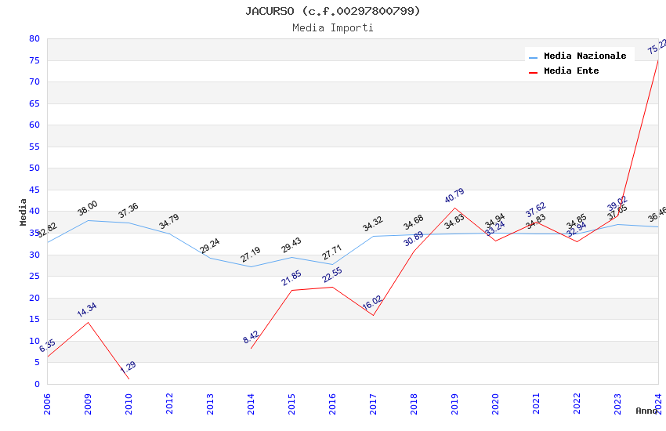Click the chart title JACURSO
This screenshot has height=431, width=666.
coord(332,11)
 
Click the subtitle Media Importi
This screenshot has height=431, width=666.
coord(332,28)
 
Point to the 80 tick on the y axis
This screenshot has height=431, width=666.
coord(34,38)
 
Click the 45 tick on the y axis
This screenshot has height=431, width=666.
coord(34,190)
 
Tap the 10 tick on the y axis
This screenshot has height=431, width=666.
coord(34,341)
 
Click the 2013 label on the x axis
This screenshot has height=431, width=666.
coord(210,404)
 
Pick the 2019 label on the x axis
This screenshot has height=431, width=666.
coord(454,404)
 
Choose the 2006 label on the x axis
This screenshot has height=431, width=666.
coord(47,404)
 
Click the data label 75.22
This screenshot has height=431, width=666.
coord(657,47)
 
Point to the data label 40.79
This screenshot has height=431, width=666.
coord(454,196)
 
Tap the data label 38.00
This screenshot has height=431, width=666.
coord(88,208)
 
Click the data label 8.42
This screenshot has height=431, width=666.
coord(251,337)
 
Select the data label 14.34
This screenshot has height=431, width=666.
coord(87,310)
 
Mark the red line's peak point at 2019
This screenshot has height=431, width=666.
coord(454,208)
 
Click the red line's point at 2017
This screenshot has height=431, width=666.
coord(373,315)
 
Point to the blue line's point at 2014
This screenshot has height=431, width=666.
coord(251,266)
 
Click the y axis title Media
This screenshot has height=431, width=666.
coord(24,212)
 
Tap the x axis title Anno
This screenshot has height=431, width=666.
coord(646,411)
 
